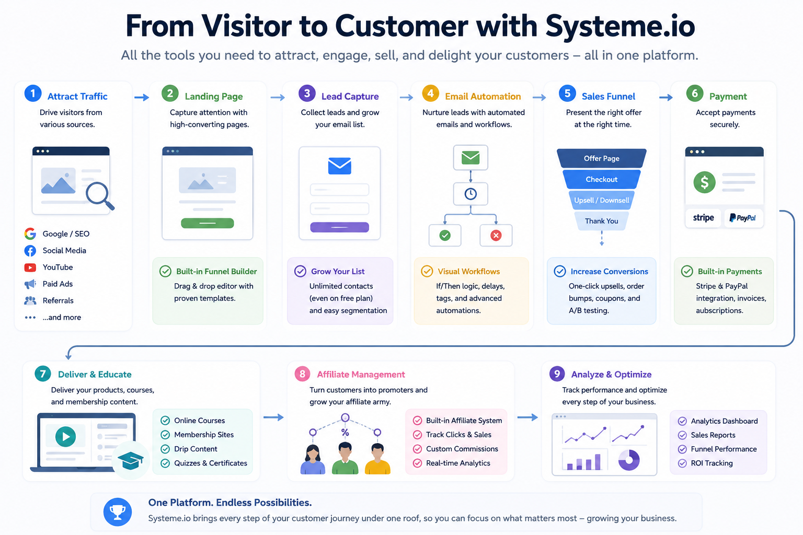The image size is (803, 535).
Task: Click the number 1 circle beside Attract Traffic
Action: tap(33, 94)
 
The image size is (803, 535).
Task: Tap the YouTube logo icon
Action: tap(30, 267)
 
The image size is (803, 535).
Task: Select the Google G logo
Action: tap(30, 234)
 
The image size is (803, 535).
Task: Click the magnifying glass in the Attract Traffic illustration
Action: tap(100, 195)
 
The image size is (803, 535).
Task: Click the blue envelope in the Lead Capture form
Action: tap(339, 166)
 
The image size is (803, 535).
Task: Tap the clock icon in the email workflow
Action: tap(471, 194)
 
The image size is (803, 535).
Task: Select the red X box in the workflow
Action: tap(496, 236)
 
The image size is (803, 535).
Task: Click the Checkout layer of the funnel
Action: tap(602, 179)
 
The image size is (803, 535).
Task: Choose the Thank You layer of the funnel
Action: tap(602, 221)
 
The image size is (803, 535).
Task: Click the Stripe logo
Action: tap(703, 218)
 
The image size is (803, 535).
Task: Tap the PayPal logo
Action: tap(743, 218)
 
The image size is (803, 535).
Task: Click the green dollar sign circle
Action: tap(704, 182)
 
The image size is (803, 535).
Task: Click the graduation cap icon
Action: tap(131, 460)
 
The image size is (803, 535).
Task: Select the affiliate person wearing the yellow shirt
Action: tap(377, 459)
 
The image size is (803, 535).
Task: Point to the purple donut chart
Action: tap(629, 460)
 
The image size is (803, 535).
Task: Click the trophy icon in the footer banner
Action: tap(118, 512)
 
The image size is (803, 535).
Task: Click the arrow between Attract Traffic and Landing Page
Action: tap(142, 97)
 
